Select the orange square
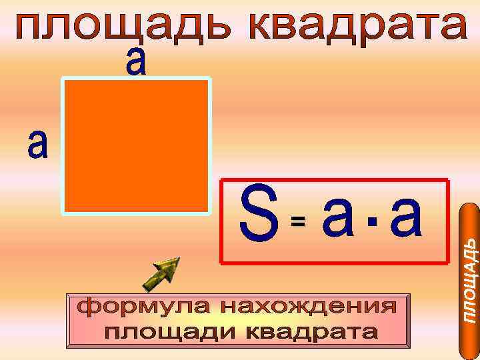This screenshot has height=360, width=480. tap(137, 145)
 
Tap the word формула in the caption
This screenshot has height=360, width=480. tap(131, 308)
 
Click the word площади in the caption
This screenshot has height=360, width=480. tap(170, 331)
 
